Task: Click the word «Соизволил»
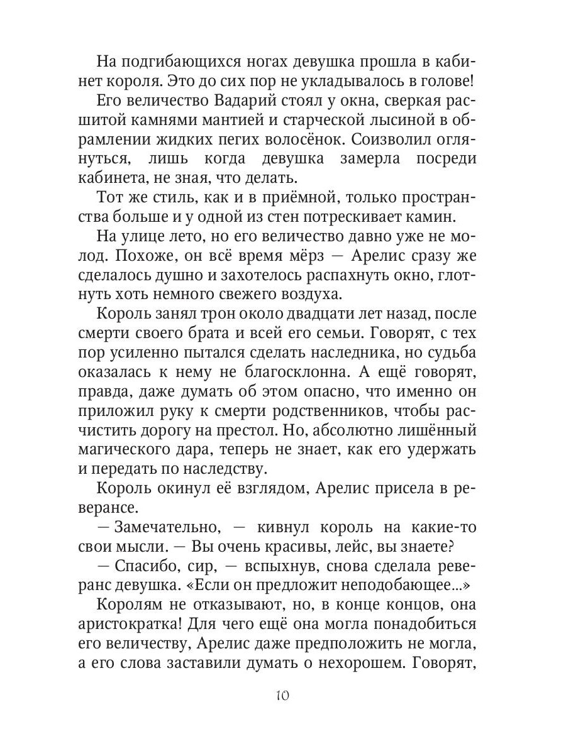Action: pyautogui.click(x=382, y=141)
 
